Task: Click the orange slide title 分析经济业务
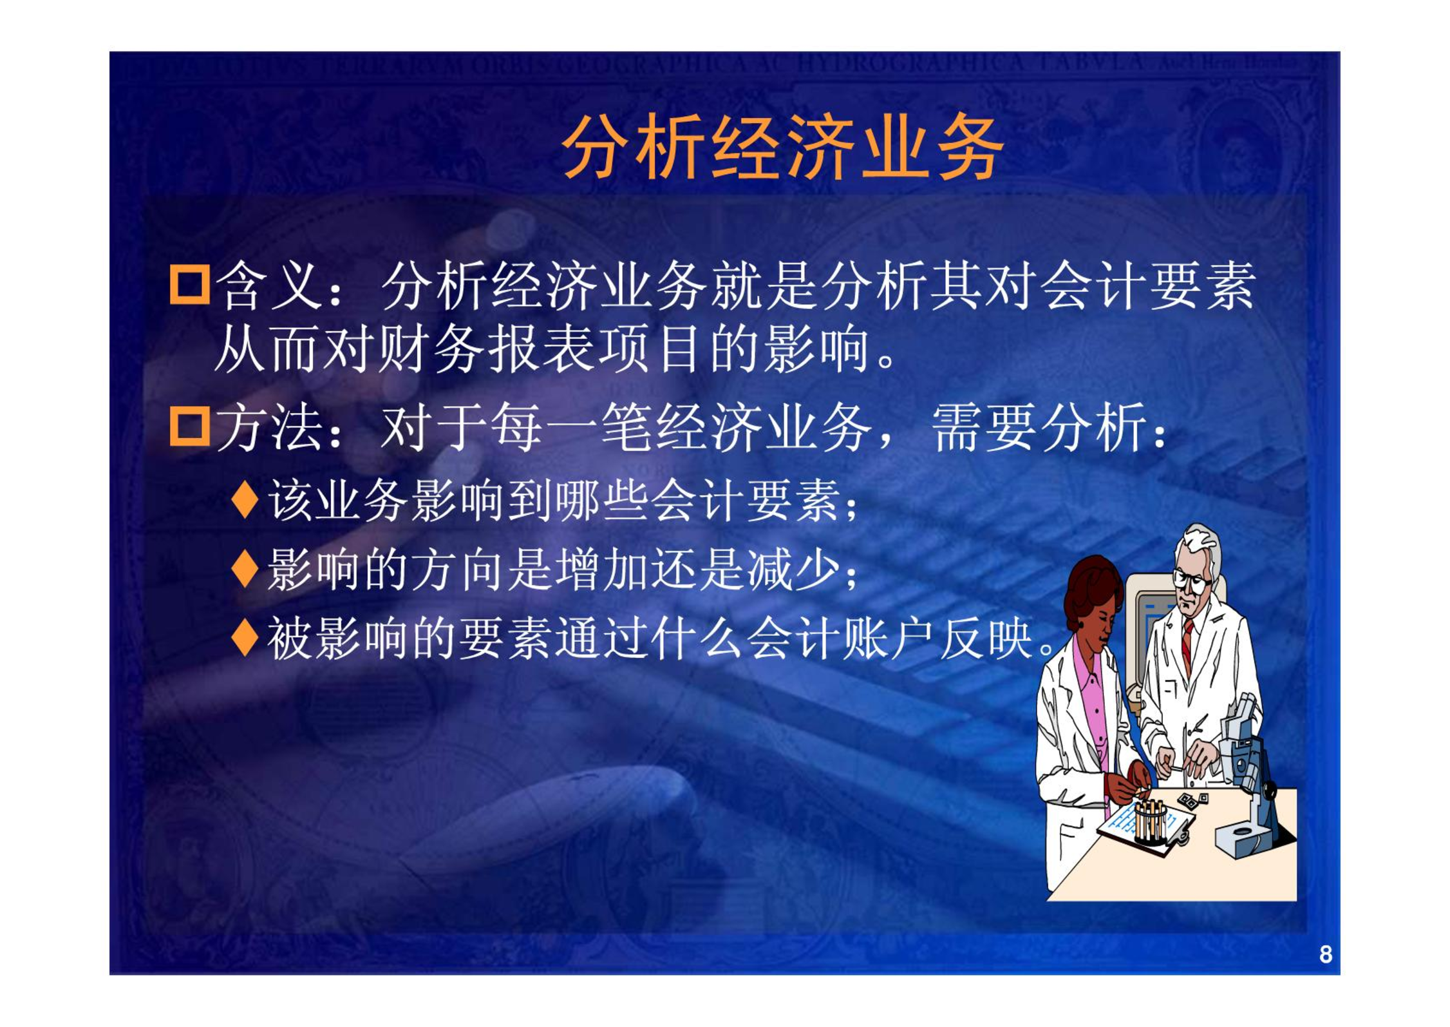click(782, 146)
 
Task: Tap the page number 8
click(1325, 954)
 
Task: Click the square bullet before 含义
click(189, 284)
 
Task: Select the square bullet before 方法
click(189, 426)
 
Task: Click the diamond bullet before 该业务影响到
click(245, 499)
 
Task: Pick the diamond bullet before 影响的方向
click(245, 569)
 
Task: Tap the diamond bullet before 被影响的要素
click(245, 637)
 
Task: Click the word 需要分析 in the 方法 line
click(1040, 427)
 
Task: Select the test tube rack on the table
click(1150, 821)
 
